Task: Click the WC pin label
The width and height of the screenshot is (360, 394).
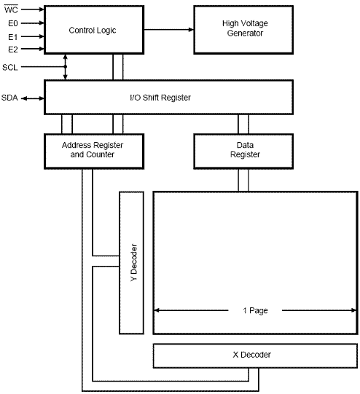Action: pyautogui.click(x=11, y=9)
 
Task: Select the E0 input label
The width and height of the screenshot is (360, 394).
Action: pyautogui.click(x=13, y=23)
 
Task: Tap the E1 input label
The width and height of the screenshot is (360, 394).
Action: pyautogui.click(x=13, y=37)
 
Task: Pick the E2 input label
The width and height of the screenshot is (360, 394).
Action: pyautogui.click(x=13, y=50)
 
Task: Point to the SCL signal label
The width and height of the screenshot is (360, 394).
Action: pyautogui.click(x=10, y=67)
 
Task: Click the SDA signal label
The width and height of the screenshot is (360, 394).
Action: pyautogui.click(x=9, y=98)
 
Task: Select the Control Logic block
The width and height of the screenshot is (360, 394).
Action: pyautogui.click(x=94, y=30)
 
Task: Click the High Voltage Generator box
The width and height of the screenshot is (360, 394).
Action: pyautogui.click(x=243, y=30)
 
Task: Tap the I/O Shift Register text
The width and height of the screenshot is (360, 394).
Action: pyautogui.click(x=160, y=98)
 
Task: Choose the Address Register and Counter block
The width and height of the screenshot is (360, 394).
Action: pyautogui.click(x=94, y=151)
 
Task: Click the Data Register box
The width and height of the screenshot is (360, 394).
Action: pyautogui.click(x=243, y=151)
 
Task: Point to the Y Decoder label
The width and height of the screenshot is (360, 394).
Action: pyautogui.click(x=134, y=263)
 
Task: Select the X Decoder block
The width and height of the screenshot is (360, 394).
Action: pyautogui.click(x=255, y=355)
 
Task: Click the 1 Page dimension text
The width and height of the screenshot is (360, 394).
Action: pyautogui.click(x=255, y=310)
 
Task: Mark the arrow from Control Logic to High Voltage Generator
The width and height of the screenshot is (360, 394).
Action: pyautogui.click(x=168, y=30)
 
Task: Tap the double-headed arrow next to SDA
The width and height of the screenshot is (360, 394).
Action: pyautogui.click(x=33, y=98)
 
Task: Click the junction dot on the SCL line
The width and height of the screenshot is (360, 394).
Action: pyautogui.click(x=66, y=67)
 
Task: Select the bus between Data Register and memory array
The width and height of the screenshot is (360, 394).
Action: pyautogui.click(x=243, y=180)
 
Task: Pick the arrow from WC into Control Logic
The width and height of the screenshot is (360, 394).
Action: pyautogui.click(x=33, y=9)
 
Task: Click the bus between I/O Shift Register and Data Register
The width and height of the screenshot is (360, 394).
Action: pyautogui.click(x=243, y=124)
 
